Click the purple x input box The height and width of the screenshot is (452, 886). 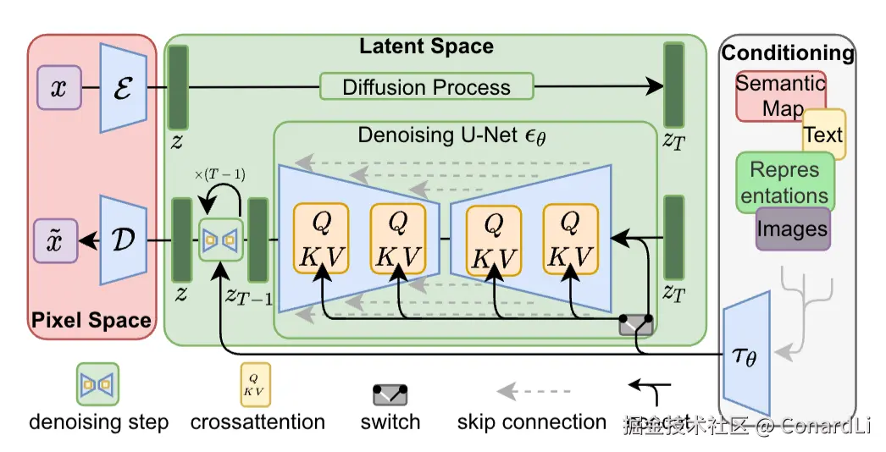tap(58, 88)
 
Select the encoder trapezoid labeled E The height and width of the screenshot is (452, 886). tap(124, 88)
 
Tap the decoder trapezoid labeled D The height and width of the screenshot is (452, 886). tap(124, 240)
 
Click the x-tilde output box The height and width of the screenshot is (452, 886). tap(58, 240)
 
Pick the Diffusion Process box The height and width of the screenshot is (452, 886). tap(426, 87)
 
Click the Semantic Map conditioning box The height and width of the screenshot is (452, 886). tap(779, 95)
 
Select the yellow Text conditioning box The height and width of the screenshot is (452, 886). tap(823, 135)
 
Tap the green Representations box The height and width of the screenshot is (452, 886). tap(785, 182)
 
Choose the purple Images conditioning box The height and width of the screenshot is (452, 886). tap(793, 229)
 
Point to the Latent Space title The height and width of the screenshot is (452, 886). tap(426, 46)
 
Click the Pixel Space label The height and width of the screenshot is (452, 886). tap(91, 320)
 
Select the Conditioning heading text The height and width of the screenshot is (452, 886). tap(788, 53)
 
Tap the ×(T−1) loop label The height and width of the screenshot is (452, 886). tap(220, 174)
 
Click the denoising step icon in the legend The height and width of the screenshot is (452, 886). tap(98, 385)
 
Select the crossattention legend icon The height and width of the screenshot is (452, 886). tap(257, 385)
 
